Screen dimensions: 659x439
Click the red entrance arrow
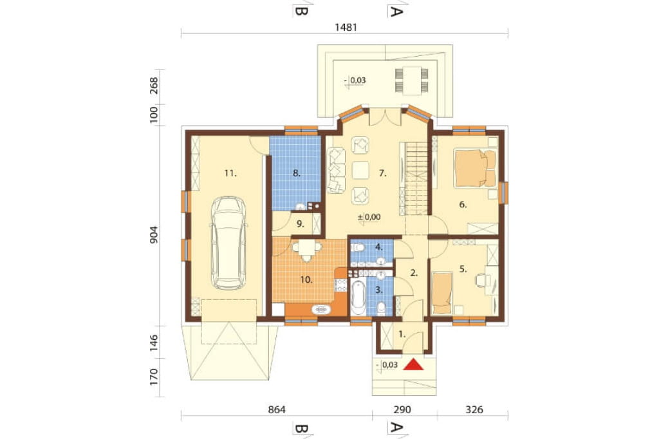click(x=414, y=364)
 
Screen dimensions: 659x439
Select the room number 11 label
click(x=230, y=173)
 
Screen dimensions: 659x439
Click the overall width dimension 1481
click(x=346, y=27)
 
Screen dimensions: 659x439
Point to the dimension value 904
click(x=154, y=235)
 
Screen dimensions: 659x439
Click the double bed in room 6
click(x=475, y=169)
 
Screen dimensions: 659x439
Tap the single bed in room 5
click(x=441, y=293)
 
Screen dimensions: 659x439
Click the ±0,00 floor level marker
click(x=369, y=217)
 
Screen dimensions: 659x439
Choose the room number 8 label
click(x=297, y=173)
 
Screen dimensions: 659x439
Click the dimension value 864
click(x=276, y=409)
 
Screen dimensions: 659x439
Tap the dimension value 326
click(x=474, y=409)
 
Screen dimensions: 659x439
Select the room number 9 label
click(x=300, y=224)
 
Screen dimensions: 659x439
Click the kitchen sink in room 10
click(x=322, y=310)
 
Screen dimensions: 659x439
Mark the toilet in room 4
click(x=357, y=247)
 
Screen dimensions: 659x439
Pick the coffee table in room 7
click(x=360, y=171)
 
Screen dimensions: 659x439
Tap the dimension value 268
click(x=154, y=86)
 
